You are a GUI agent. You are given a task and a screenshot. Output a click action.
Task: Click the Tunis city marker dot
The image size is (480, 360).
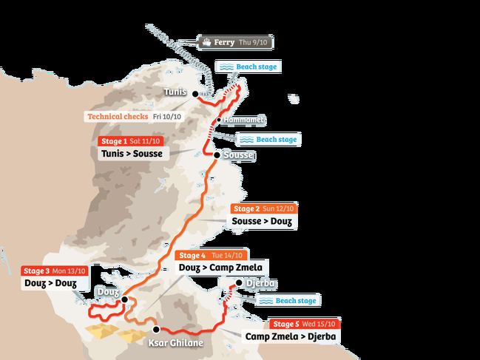coord(195,94)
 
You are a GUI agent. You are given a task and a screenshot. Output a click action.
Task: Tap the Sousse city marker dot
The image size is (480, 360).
coord(216,155)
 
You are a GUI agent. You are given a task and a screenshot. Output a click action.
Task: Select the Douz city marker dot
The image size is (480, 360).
coord(124,299)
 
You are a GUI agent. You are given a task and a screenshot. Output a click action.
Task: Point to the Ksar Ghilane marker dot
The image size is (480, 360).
coord(156,329)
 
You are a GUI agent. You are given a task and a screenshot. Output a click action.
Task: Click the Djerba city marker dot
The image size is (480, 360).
coord(239,283)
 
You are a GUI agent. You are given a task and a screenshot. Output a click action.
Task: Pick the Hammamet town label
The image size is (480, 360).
coord(245,119)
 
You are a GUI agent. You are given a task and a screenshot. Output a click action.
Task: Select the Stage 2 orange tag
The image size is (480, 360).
coord(247,208)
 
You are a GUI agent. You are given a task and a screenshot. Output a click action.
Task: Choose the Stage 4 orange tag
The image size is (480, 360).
coord(192,255)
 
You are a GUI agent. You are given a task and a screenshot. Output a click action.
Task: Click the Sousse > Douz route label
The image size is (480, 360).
coord(261,221)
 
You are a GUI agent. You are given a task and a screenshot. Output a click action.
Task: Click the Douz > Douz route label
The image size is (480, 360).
coord(50,283)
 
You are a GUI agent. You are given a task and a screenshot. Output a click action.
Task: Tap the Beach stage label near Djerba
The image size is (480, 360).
coord(288,300)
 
